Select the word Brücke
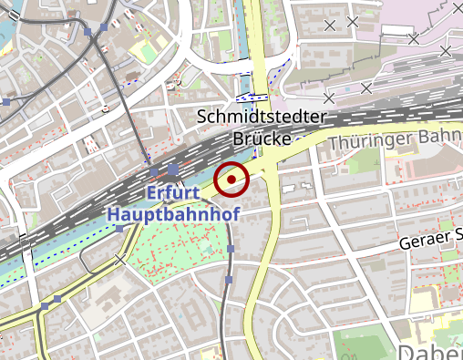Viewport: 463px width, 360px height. tap(261, 139)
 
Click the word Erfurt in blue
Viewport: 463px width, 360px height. tap(174, 193)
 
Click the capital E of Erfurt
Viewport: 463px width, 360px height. tap(151, 193)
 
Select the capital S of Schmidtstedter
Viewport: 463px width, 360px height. tap(202, 118)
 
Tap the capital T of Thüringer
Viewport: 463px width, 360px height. tap(333, 143)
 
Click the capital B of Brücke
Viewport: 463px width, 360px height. tap(238, 139)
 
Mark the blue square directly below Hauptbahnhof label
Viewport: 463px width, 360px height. tap(119, 230)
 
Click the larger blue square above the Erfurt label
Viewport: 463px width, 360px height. tap(172, 170)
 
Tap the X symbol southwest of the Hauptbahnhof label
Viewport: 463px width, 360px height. tap(121, 259)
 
